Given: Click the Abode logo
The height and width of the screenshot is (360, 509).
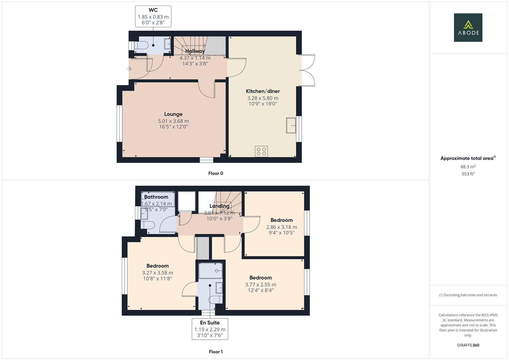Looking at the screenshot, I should (468, 27).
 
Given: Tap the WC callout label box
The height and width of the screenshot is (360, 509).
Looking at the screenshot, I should (153, 16).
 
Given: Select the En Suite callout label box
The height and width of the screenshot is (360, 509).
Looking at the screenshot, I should (210, 329).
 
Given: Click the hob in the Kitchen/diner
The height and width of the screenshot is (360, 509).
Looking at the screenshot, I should (261, 151).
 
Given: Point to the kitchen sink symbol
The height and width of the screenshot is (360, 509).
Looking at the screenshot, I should (291, 125).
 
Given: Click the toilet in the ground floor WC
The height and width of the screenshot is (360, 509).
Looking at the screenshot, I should (141, 45).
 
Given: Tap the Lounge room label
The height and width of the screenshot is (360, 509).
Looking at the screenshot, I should (173, 114).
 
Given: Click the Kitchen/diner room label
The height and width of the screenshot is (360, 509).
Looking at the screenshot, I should (263, 91).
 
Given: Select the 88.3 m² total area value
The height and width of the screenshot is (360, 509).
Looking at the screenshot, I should (468, 167).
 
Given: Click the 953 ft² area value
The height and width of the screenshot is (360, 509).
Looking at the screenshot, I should (468, 174).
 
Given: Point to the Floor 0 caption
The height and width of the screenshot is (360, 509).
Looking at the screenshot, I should (216, 173).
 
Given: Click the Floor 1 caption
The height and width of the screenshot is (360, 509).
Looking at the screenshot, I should (216, 352).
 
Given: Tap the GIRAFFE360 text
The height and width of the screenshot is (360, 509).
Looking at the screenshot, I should (468, 345).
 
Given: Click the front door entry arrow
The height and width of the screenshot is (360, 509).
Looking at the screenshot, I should (129, 69).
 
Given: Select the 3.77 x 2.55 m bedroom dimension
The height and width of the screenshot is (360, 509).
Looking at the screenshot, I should (260, 285).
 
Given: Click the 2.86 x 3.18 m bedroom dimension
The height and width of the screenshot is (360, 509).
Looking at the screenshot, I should (281, 227).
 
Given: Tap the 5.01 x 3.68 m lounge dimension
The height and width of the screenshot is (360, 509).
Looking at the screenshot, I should (173, 121).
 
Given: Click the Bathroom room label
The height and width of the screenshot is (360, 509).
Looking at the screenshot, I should (156, 197).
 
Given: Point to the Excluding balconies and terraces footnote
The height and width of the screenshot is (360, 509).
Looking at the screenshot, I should (468, 295).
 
